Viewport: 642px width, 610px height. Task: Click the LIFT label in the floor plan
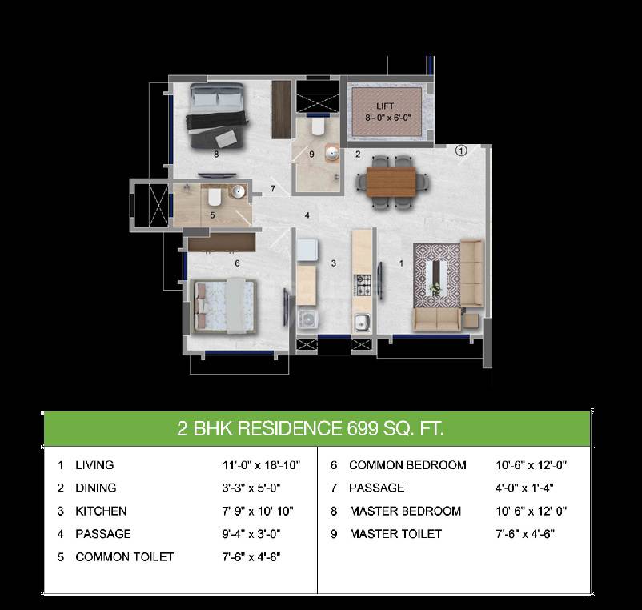[386, 106]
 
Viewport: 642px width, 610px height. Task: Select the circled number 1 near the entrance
[461, 149]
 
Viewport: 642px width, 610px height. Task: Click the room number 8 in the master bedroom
[216, 154]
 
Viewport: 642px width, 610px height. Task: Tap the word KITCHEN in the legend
[101, 511]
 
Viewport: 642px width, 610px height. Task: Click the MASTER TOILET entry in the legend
[395, 534]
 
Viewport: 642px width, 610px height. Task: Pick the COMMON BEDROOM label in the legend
[407, 465]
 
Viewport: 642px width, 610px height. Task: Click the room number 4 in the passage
[307, 215]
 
